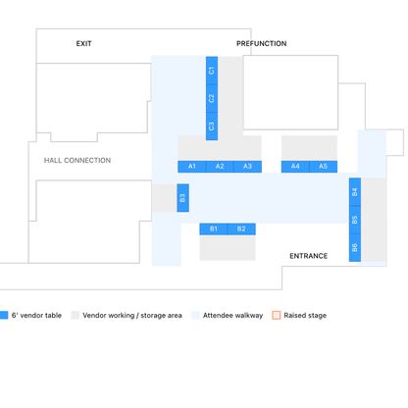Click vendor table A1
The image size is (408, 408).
tap(192, 167)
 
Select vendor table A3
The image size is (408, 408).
tap(248, 167)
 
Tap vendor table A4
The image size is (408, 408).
tap(295, 167)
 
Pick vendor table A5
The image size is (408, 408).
tap(324, 167)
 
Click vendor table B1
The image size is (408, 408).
tap(214, 229)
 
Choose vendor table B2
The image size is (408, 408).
tap(241, 229)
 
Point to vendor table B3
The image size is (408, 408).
tap(183, 198)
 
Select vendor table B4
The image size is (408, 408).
tap(355, 192)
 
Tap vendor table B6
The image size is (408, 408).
tap(355, 247)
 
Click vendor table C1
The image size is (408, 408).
tap(212, 71)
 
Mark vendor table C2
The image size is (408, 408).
tap(212, 98)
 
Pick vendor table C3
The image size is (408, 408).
tap(212, 127)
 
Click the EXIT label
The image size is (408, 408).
tap(84, 43)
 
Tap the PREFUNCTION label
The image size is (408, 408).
tap(262, 43)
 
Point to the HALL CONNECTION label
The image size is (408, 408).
tap(77, 160)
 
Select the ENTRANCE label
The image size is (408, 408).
tap(309, 256)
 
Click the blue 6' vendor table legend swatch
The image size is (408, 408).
tap(4, 315)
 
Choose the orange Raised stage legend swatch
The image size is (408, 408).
tap(277, 315)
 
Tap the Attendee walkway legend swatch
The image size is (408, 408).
tap(195, 315)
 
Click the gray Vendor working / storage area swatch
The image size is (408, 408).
tap(76, 315)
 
